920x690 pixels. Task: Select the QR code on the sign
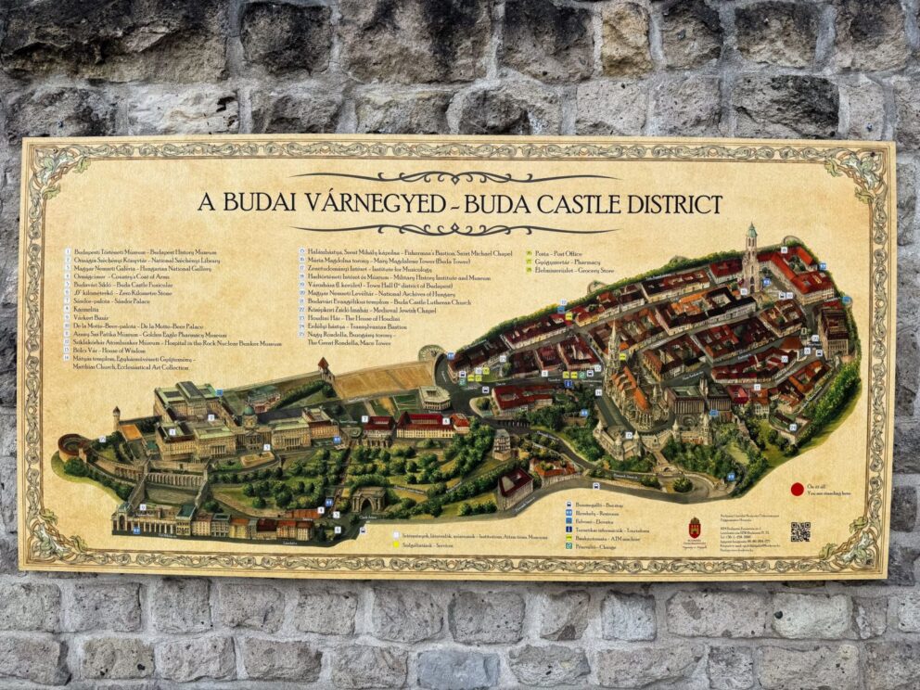pos(799,530)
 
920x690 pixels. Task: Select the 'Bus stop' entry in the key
pos(597,505)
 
